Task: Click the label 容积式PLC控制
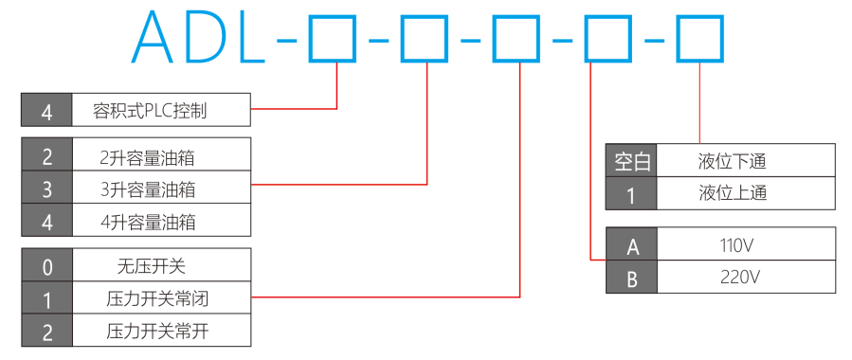pyautogui.click(x=150, y=111)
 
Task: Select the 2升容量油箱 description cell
pyautogui.click(x=161, y=154)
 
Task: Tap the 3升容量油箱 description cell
pyautogui.click(x=161, y=188)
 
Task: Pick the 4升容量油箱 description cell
pyautogui.click(x=161, y=220)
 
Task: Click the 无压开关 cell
pyautogui.click(x=161, y=265)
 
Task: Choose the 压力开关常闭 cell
pyautogui.click(x=161, y=297)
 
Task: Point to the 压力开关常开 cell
pyautogui.click(x=161, y=330)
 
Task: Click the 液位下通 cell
pyautogui.click(x=746, y=160)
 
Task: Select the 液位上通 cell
pyautogui.click(x=746, y=192)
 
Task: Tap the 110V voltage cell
pyautogui.click(x=746, y=243)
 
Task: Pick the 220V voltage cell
pyautogui.click(x=746, y=277)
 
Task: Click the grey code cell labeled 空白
pyautogui.click(x=631, y=160)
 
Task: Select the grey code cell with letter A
pyautogui.click(x=631, y=243)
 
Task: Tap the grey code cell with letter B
pyautogui.click(x=631, y=277)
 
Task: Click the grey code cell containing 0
pyautogui.click(x=46, y=265)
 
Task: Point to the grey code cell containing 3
pyautogui.click(x=46, y=188)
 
